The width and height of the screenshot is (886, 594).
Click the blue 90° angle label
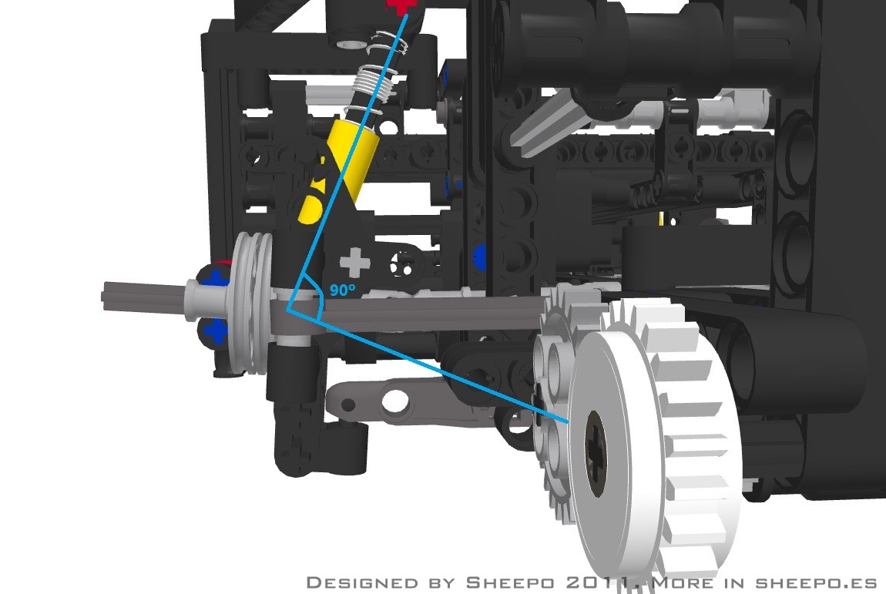pos(343,290)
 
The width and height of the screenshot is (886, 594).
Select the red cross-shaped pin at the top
pos(401,5)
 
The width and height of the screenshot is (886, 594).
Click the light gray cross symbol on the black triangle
pos(354,263)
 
